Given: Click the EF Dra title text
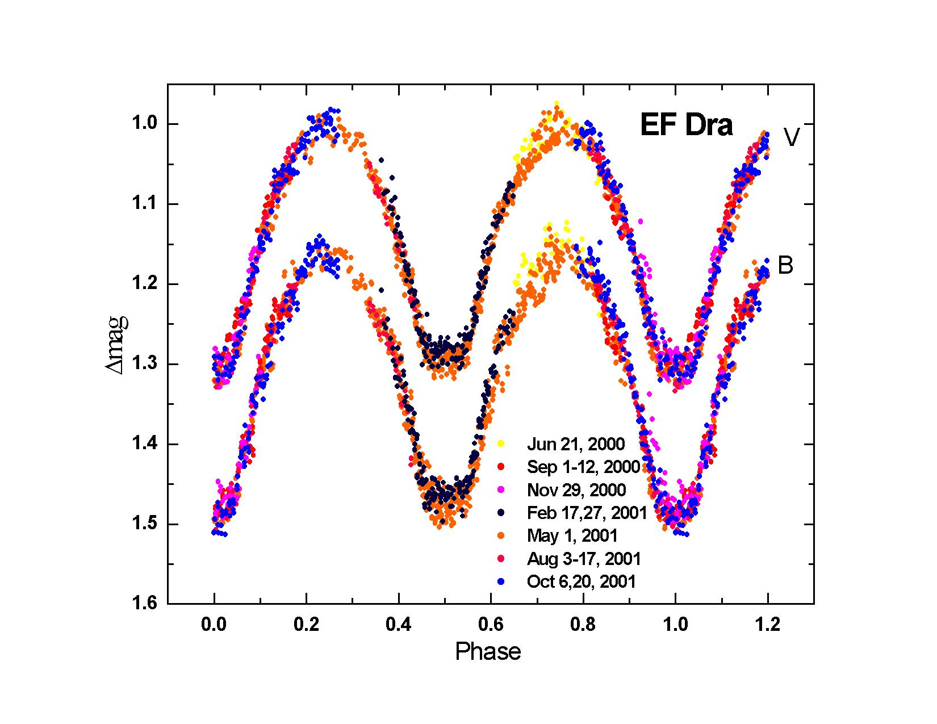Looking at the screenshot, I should coord(686,125).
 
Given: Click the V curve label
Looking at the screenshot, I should coord(792,137).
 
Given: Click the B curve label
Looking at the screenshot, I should coord(785,265).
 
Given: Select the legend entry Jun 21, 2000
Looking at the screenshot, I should coord(575,443).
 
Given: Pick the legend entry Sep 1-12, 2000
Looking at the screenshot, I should coord(583,467).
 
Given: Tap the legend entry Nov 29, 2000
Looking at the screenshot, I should coord(576,490).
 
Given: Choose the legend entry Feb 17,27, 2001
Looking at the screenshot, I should coord(587,513).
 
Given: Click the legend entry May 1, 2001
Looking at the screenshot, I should coord(572,535).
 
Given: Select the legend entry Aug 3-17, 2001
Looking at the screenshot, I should coord(584,559).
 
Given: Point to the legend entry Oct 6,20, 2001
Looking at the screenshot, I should coord(582,581).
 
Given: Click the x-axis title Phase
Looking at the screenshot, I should coord(488,651).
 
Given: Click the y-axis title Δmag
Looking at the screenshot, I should coord(116,344).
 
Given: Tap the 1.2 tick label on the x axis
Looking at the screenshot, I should coord(768,625).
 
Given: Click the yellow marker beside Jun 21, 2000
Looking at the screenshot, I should coord(501,443).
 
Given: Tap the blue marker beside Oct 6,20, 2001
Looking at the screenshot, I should coord(501,581).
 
